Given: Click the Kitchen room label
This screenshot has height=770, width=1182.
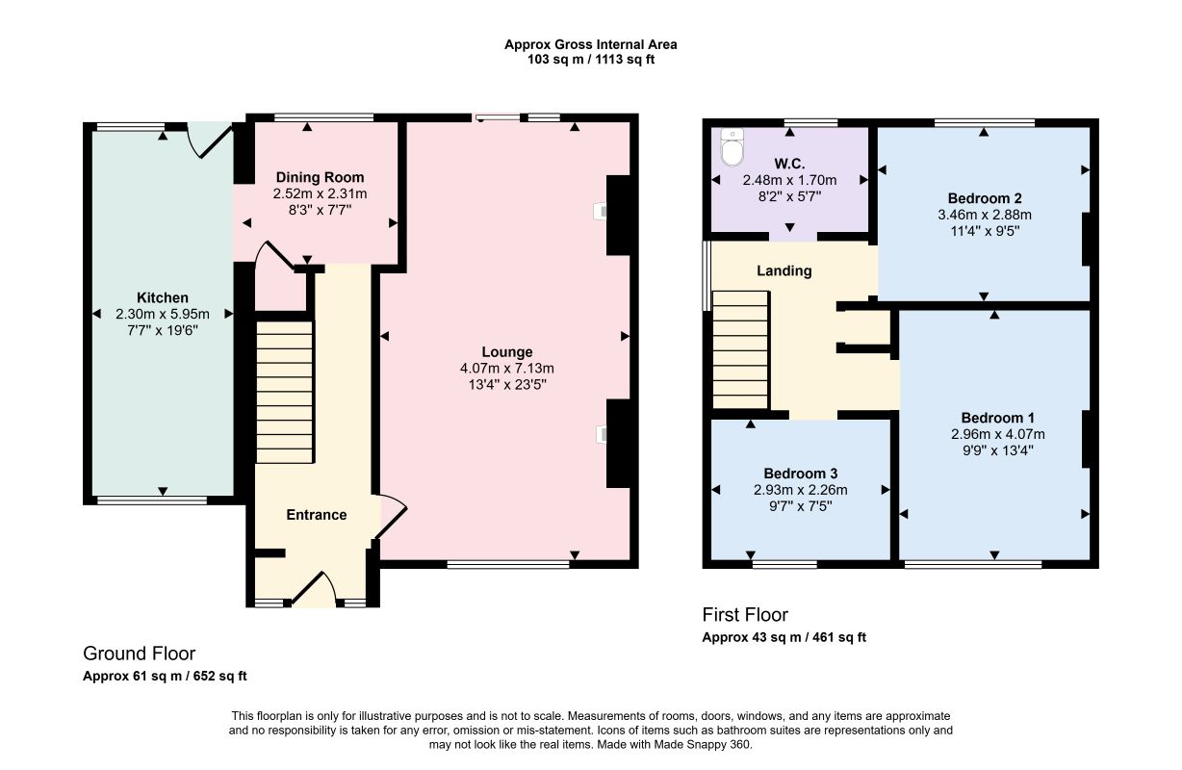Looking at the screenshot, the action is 163,297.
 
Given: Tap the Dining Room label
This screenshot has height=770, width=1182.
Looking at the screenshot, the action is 320,177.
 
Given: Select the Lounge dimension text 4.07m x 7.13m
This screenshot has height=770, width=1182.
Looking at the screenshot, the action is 507,369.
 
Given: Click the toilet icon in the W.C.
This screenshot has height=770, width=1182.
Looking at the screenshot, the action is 732,146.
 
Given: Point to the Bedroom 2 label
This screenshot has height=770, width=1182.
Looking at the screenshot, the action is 985,198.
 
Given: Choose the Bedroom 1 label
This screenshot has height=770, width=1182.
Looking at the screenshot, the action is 998,418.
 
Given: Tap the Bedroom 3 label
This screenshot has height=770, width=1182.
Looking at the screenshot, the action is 801,474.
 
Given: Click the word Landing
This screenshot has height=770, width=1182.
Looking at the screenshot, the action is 784,270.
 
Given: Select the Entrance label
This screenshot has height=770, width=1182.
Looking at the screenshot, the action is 317,515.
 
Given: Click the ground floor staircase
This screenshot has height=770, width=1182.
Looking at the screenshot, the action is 285,392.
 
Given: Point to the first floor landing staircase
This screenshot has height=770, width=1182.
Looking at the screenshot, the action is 740,350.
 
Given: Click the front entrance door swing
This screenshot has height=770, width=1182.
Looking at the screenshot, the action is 315,589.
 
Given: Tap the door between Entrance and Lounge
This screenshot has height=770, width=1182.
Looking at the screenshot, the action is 392,517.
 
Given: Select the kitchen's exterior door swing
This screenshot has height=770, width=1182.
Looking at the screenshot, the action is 210,140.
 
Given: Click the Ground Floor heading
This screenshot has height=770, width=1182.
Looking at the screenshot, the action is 140,654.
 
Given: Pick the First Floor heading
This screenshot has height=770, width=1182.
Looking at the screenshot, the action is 745,615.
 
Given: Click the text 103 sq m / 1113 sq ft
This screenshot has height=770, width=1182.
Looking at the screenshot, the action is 591,60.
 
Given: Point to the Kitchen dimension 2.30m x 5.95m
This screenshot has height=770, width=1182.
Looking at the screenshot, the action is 163,314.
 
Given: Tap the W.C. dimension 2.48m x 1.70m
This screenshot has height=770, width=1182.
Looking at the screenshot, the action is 790,181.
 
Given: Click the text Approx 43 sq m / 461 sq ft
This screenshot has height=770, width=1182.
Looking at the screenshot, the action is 784,637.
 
